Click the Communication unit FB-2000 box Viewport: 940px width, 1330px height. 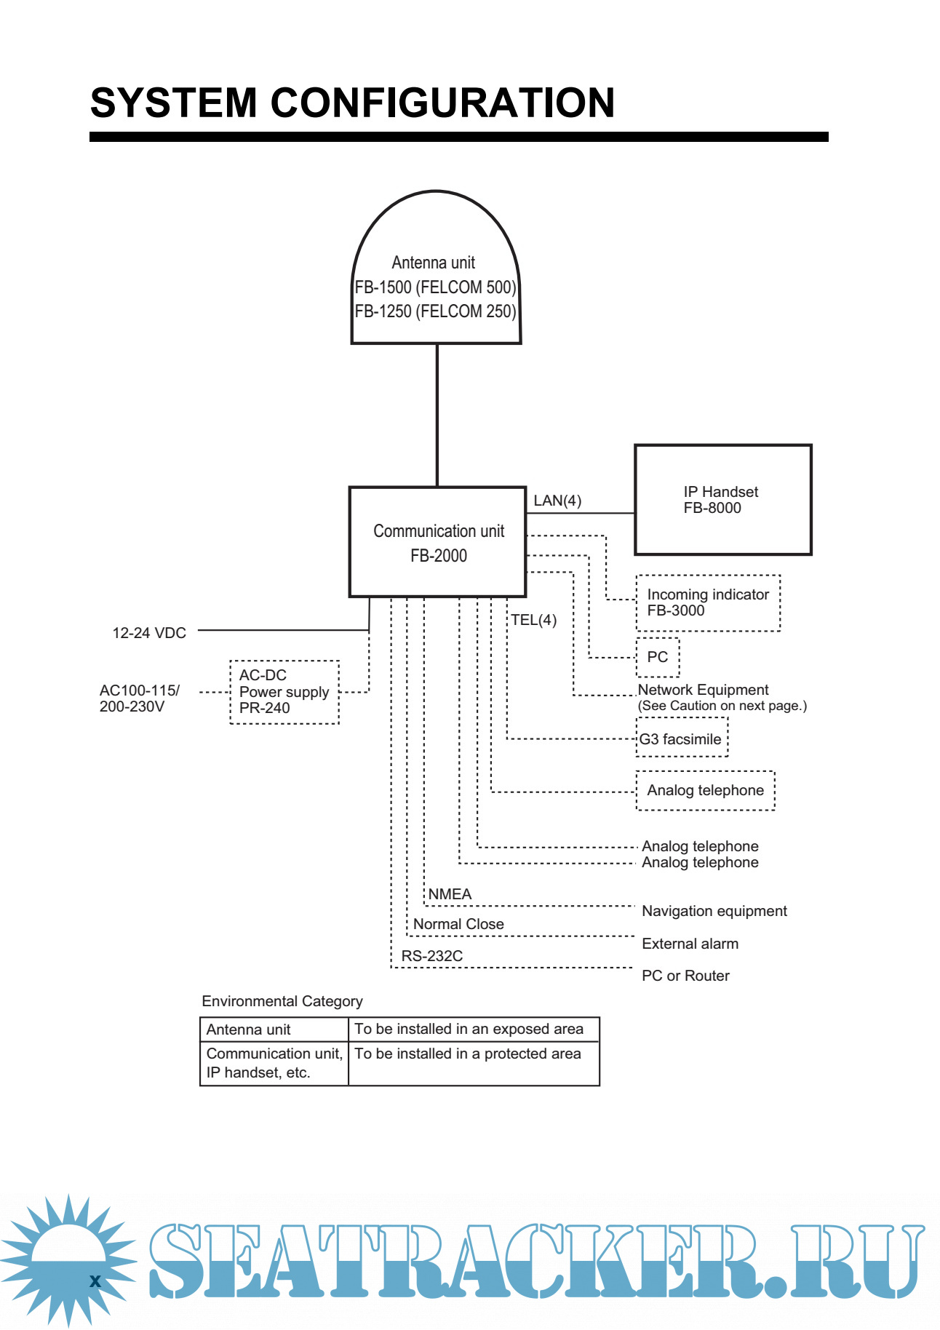pyautogui.click(x=438, y=542)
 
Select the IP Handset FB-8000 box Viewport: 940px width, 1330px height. pyautogui.click(x=722, y=500)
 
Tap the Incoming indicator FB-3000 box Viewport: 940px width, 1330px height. pyautogui.click(x=708, y=603)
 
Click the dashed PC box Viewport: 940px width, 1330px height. pyautogui.click(x=658, y=657)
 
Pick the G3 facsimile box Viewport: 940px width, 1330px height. pyautogui.click(x=681, y=738)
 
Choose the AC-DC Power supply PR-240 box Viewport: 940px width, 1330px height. pyautogui.click(x=284, y=692)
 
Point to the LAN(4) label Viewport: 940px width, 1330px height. pyautogui.click(x=557, y=501)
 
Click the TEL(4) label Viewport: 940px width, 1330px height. pyautogui.click(x=533, y=620)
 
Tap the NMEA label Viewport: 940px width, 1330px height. pyautogui.click(x=450, y=894)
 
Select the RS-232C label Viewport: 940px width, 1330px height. pyautogui.click(x=432, y=956)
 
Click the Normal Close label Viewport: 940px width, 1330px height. pyautogui.click(x=458, y=924)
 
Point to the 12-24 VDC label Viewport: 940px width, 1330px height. pyautogui.click(x=149, y=633)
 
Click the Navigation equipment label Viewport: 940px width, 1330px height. pyautogui.click(x=714, y=911)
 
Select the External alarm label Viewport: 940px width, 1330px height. pyautogui.click(x=690, y=944)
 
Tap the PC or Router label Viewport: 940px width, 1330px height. pyautogui.click(x=685, y=976)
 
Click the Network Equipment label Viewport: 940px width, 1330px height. pyautogui.click(x=703, y=690)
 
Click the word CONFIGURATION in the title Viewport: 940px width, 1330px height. pyautogui.click(x=442, y=103)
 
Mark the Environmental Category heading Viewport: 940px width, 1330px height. pyautogui.click(x=282, y=1001)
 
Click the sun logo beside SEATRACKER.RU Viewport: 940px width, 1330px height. pyautogui.click(x=69, y=1259)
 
